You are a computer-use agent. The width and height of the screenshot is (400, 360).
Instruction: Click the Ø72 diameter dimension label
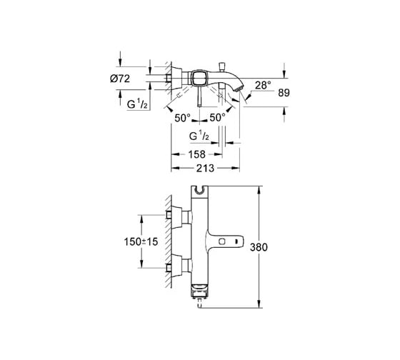pyautogui.click(x=120, y=79)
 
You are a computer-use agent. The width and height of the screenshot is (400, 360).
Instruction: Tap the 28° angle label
pyautogui.click(x=263, y=85)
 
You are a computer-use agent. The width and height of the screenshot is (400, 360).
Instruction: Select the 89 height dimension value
pyautogui.click(x=284, y=93)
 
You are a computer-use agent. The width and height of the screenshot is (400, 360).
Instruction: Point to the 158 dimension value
pyautogui.click(x=196, y=154)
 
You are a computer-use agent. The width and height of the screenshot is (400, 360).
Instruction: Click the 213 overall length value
pyautogui.click(x=205, y=168)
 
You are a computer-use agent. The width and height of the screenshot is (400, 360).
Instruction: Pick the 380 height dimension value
pyautogui.click(x=259, y=247)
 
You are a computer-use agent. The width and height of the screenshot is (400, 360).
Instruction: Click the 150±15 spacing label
pyautogui.click(x=141, y=241)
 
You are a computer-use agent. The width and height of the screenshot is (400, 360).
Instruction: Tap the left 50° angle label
pyautogui.click(x=182, y=118)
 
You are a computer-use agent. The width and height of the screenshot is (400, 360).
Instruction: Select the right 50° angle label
pyautogui.click(x=217, y=118)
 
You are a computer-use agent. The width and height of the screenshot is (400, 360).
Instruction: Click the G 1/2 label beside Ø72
pyautogui.click(x=137, y=104)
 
